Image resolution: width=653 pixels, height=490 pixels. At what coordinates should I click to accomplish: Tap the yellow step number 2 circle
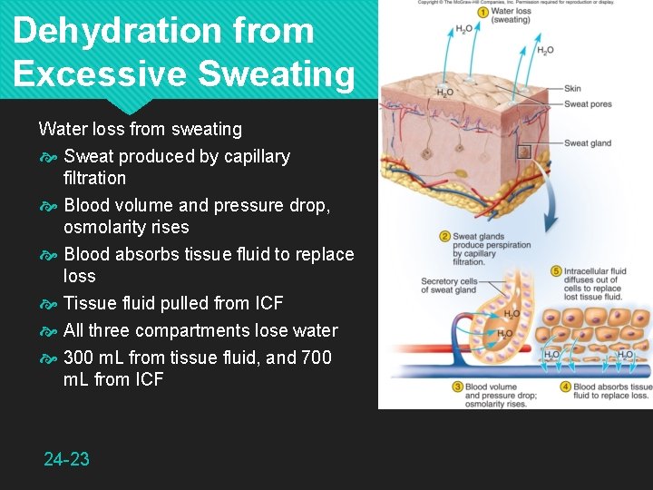coord(445,237)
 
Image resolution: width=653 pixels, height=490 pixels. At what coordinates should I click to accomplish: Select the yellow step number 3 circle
coord(458,387)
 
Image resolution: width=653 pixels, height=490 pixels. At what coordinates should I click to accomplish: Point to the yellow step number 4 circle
coord(566,387)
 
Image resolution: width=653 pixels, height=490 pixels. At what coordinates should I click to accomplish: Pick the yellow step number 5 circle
coord(556,271)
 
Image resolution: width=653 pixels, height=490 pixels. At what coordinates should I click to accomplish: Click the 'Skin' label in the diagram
coord(572,88)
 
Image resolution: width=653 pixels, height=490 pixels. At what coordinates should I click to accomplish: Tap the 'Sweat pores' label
coord(588,104)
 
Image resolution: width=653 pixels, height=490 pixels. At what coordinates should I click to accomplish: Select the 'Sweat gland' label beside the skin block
coord(588,143)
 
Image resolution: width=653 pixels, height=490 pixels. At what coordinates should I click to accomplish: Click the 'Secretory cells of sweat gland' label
coord(448,287)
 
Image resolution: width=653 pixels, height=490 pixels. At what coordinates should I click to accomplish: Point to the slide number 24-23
coord(67,459)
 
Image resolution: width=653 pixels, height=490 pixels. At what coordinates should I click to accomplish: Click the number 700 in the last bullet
coord(315,358)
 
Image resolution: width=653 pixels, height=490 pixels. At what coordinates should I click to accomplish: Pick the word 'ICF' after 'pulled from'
coord(263,303)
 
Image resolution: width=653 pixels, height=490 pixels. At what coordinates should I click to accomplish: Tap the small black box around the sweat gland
coord(523,152)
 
